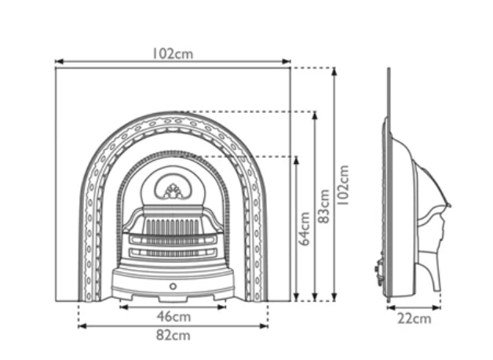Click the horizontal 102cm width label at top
pos(173,54)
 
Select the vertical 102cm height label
pos(345,184)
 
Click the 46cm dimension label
pos(173,317)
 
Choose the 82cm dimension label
pos(173,336)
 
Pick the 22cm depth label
pos(414,318)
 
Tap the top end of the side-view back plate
pos(389,70)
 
